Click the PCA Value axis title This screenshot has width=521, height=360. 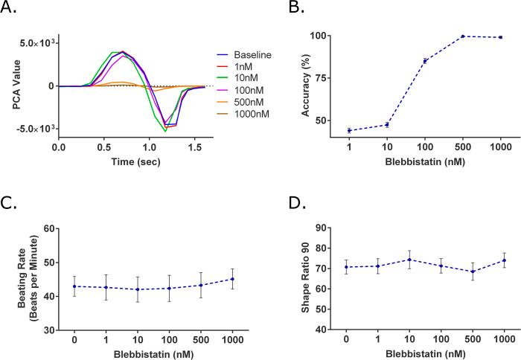point(16,86)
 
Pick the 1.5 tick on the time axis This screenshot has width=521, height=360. point(187,148)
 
